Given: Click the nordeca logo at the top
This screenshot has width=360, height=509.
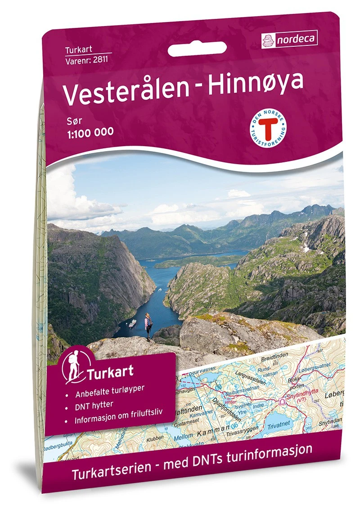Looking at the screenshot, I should pyautogui.click(x=289, y=39).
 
